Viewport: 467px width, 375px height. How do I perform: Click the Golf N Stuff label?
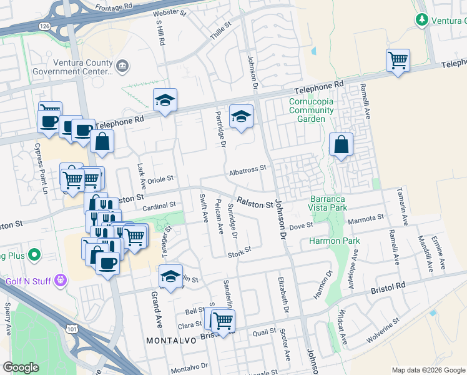[x=28, y=281]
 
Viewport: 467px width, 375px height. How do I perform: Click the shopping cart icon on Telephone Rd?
[x=398, y=61]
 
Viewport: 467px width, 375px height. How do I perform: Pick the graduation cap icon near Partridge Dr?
[x=241, y=116]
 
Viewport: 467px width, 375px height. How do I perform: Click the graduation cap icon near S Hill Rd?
[x=165, y=100]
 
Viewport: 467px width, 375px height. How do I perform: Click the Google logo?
[x=21, y=367]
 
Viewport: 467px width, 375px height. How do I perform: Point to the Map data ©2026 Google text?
[x=428, y=370]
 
